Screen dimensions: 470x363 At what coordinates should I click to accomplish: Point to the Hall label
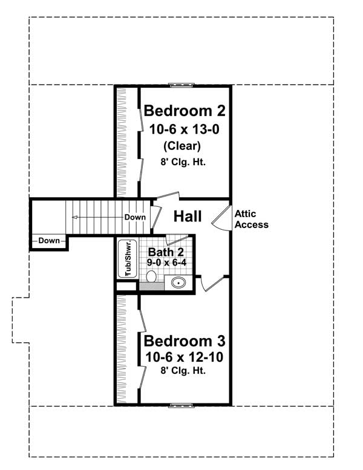pyautogui.click(x=188, y=217)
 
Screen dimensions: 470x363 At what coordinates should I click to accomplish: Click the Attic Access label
pyautogui.click(x=251, y=219)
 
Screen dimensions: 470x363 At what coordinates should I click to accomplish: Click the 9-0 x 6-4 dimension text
pyautogui.click(x=166, y=263)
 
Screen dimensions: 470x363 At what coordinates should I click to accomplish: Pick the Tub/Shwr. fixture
pyautogui.click(x=128, y=259)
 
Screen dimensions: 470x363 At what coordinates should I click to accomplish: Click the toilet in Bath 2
pyautogui.click(x=151, y=276)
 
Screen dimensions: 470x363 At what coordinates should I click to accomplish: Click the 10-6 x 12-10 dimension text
pyautogui.click(x=184, y=357)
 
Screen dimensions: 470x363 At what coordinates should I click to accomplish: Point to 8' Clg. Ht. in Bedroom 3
pyautogui.click(x=184, y=371)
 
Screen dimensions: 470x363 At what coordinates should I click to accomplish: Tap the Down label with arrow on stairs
pyautogui.click(x=134, y=217)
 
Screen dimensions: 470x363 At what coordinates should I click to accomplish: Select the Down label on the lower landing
pyautogui.click(x=49, y=241)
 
